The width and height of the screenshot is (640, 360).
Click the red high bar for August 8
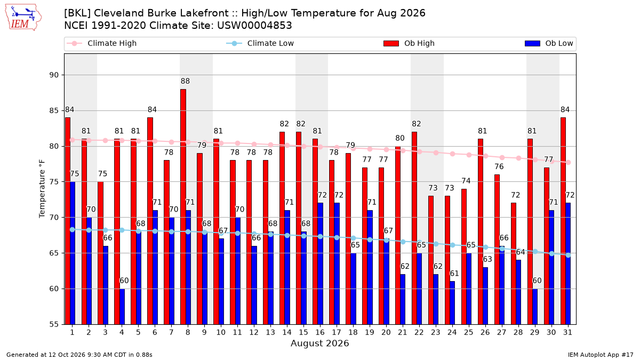pyautogui.click(x=183, y=207)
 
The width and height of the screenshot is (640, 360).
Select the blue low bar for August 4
pyautogui.click(x=122, y=307)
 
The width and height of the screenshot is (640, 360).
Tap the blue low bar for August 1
pyautogui.click(x=73, y=253)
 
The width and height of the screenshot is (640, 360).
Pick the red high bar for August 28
pyautogui.click(x=514, y=263)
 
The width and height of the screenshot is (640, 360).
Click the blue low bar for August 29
pyautogui.click(x=535, y=307)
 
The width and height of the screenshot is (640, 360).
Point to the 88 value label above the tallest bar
pyautogui.click(x=185, y=81)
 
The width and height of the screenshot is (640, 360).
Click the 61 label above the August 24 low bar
pyautogui.click(x=454, y=274)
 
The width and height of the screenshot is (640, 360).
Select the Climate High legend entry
pyautogui.click(x=102, y=43)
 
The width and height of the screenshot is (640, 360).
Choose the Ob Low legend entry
pyautogui.click(x=549, y=43)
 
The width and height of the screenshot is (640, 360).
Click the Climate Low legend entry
pyautogui.click(x=260, y=43)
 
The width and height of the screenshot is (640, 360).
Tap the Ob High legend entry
pyautogui.click(x=409, y=43)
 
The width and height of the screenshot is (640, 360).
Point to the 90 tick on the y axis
pyautogui.click(x=54, y=75)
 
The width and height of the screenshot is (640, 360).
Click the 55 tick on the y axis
pyautogui.click(x=54, y=324)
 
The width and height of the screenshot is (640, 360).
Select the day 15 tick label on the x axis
pyautogui.click(x=303, y=332)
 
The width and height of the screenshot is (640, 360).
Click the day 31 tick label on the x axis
pyautogui.click(x=567, y=332)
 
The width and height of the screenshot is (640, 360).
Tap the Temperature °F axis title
pyautogui.click(x=42, y=189)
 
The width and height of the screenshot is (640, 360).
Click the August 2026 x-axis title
pyautogui.click(x=319, y=343)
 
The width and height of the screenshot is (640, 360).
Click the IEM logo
pyautogui.click(x=23, y=18)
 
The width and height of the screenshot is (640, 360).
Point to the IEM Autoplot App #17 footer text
pyautogui.click(x=601, y=355)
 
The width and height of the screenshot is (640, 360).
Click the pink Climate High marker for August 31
pyautogui.click(x=569, y=162)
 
